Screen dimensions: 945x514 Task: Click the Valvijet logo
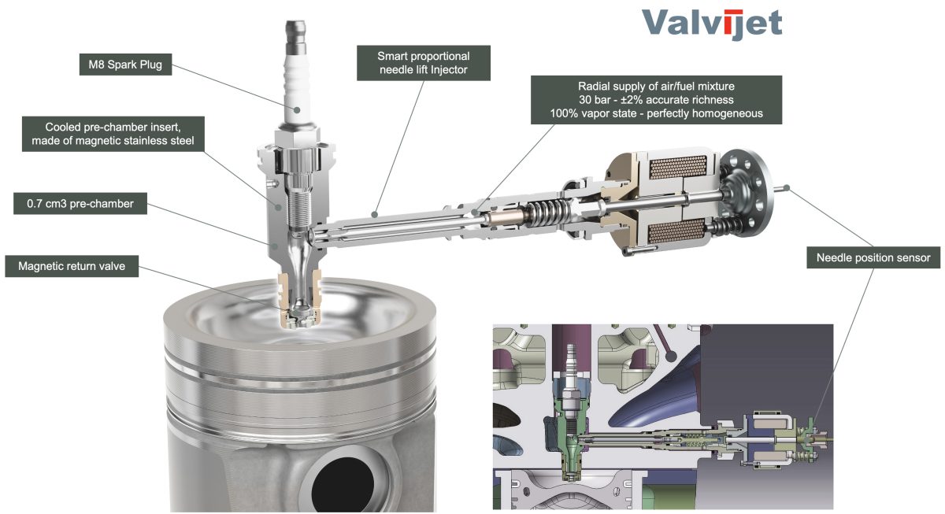pyautogui.click(x=712, y=24)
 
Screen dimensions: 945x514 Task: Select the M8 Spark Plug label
pyautogui.click(x=125, y=65)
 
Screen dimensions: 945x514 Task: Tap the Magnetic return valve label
pyautogui.click(x=72, y=266)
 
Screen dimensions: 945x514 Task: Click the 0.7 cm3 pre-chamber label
pyautogui.click(x=80, y=204)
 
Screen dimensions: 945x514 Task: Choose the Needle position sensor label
pyautogui.click(x=873, y=257)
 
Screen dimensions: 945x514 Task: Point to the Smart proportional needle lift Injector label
pyautogui.click(x=424, y=63)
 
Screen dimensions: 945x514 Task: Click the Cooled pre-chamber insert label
pyautogui.click(x=113, y=134)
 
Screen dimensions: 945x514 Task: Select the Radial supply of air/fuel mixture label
pyautogui.click(x=656, y=100)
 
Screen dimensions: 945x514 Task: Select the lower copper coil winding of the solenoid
pyautogui.click(x=676, y=233)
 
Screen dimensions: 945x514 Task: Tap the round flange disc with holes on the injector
pyautogui.click(x=747, y=193)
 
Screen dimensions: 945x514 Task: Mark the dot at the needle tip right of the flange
pyautogui.click(x=787, y=188)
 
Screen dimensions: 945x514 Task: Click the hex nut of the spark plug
pyautogui.click(x=296, y=139)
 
